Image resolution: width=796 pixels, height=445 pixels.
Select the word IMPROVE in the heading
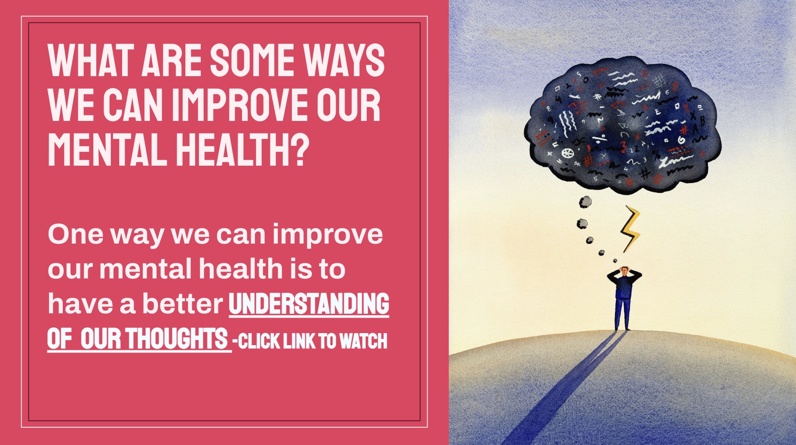click(x=240, y=105)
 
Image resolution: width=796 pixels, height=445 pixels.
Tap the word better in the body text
click(x=183, y=303)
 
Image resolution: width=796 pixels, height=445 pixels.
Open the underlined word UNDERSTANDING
click(x=309, y=304)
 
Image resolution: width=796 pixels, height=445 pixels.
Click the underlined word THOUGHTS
click(x=177, y=339)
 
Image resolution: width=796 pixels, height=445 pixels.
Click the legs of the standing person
click(x=622, y=314)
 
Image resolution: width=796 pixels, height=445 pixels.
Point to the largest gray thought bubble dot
click(x=585, y=201)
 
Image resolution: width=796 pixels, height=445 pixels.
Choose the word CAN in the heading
click(x=133, y=105)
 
